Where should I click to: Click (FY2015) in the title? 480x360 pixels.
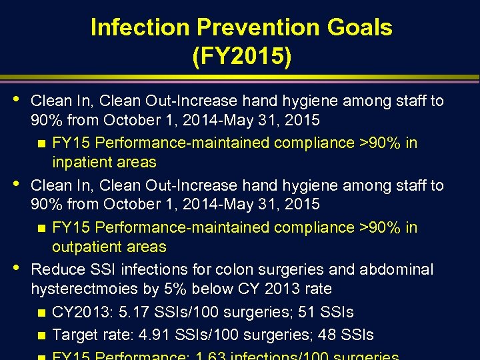241,57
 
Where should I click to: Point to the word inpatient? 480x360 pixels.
104,162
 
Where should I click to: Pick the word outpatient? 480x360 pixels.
109,247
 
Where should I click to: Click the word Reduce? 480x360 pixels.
58,269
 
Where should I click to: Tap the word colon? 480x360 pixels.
246,269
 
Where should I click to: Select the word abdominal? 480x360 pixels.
396,269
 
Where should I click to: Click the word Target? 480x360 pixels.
75,335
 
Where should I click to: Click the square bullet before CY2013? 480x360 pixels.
41,313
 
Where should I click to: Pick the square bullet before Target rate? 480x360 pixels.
41,335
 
